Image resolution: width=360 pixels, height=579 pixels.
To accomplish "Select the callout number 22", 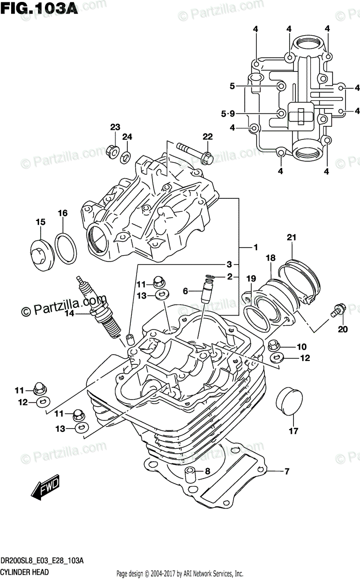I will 208,137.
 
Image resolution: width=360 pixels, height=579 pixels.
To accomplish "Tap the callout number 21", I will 291,236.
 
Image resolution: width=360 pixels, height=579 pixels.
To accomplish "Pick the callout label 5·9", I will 227,114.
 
